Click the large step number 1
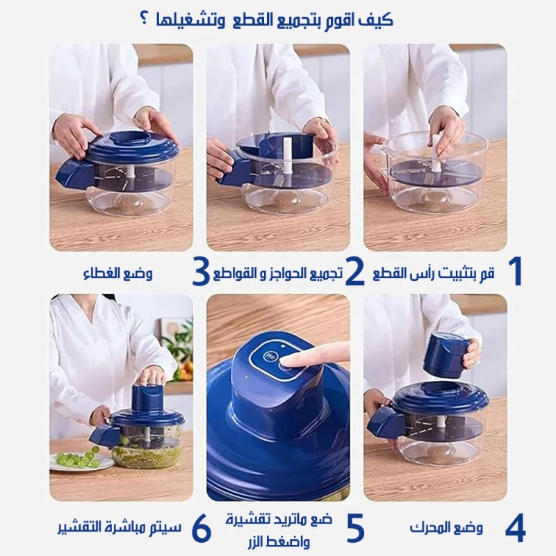click(x=514, y=272)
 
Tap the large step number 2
click(x=355, y=272)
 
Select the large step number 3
click(x=200, y=272)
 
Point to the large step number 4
click(x=515, y=528)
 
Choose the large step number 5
click(x=355, y=528)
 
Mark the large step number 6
click(x=201, y=528)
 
